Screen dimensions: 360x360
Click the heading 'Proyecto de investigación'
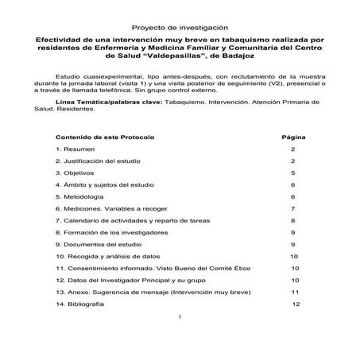click(180, 26)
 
